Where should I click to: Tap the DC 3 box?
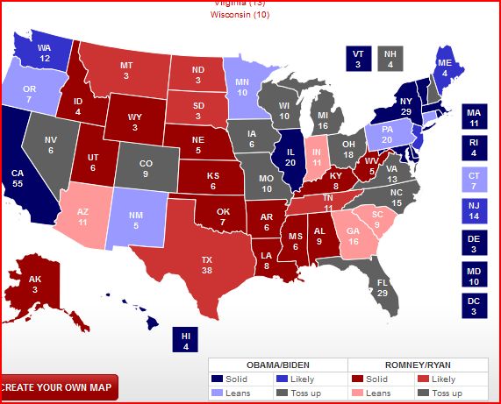[x=474, y=305]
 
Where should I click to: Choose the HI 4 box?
[x=186, y=339]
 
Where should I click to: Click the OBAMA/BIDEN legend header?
[x=277, y=364]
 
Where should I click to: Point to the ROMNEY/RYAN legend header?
[x=418, y=364]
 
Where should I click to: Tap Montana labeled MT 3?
[x=127, y=70]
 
